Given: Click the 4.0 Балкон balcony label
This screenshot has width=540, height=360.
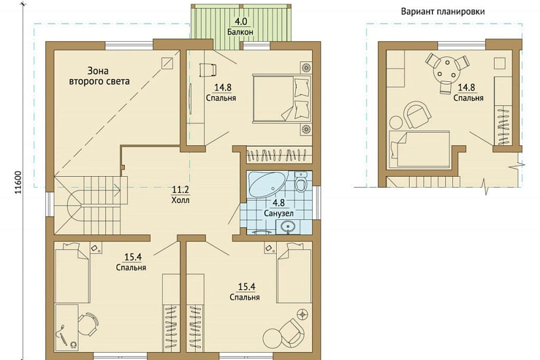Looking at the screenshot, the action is pos(240,27).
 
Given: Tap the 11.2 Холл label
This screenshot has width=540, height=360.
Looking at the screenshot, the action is pos(181,194).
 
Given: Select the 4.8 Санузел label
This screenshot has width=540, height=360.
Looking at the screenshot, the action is pos(279,207).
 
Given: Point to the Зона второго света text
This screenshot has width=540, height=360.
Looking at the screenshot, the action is pos(99,76).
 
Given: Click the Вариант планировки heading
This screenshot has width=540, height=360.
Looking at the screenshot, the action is pos(443,11).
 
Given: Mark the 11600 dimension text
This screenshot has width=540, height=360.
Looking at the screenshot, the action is pos(18,183).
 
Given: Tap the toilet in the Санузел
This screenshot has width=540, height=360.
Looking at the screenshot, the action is pos(301,181).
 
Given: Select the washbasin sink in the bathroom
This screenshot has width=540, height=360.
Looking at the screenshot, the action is pos(288,227).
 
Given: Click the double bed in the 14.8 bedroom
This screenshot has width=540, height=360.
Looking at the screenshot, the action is pos(281,98).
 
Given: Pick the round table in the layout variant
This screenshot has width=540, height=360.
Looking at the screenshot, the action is pos(447,69).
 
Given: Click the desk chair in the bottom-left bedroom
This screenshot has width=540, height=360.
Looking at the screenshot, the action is pos(88,324).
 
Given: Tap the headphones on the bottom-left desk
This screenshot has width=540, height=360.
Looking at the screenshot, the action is pos(73,344).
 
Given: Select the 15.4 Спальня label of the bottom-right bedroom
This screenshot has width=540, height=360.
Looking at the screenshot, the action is pos(245,292).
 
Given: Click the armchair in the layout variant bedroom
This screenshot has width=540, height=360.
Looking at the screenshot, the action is pos(417,115).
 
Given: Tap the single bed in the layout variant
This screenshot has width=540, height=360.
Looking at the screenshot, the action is pos(419,149).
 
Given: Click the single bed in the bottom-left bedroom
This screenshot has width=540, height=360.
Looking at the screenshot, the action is pos(72,272).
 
